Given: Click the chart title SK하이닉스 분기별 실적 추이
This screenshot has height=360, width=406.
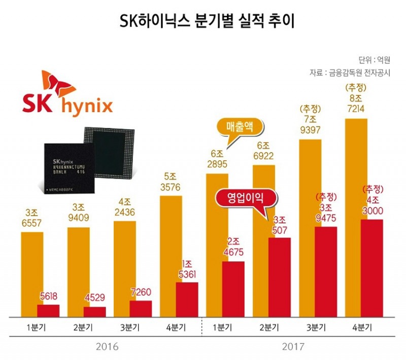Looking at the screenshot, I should (x=203, y=21).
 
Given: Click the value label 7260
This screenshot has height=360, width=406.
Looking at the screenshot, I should (x=141, y=293).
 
